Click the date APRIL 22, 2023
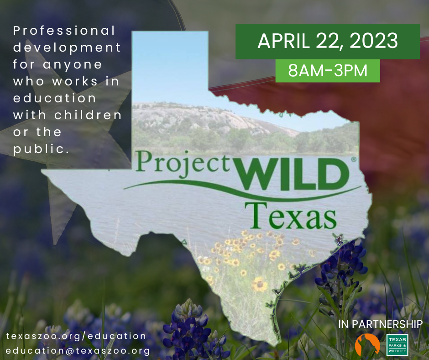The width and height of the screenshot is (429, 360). pos(328,41)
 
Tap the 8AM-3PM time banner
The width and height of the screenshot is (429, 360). pos(328,71)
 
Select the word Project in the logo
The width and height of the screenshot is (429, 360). pos(183,164)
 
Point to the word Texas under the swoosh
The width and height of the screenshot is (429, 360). pos(291,216)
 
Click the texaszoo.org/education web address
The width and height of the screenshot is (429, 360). pos(76,336)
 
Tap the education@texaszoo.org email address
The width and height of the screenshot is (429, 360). pos(78,351)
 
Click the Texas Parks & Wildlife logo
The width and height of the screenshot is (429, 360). pos(397,345)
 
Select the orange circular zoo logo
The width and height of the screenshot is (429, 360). pos(367,344)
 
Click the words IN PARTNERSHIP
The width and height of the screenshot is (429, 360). pos(380,324)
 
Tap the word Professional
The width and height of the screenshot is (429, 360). pos(64,31)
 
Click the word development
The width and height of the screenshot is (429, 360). pos(67,48)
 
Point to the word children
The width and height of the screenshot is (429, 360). pos(88,115)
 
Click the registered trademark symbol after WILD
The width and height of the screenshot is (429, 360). pos(354,159)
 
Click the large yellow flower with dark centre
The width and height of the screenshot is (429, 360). pos(259,284)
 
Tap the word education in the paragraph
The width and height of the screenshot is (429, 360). pos(55,98)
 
